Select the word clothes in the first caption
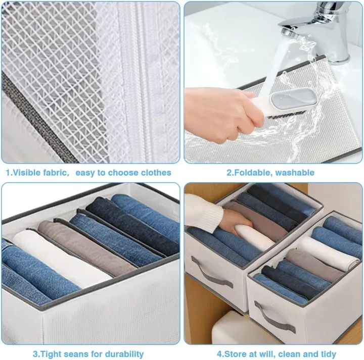click(152, 173)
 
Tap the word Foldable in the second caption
click(252, 173)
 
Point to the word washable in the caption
click(295, 173)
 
